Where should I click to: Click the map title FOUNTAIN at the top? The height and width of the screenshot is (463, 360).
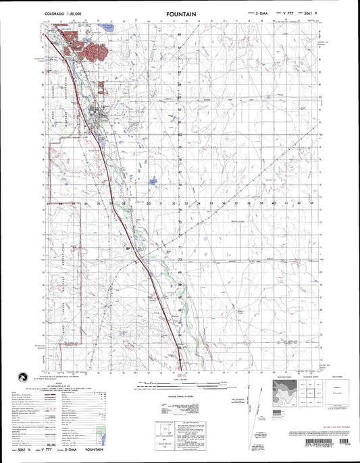180,13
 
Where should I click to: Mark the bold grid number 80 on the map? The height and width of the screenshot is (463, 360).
161,134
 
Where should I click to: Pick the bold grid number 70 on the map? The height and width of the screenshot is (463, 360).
161,258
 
